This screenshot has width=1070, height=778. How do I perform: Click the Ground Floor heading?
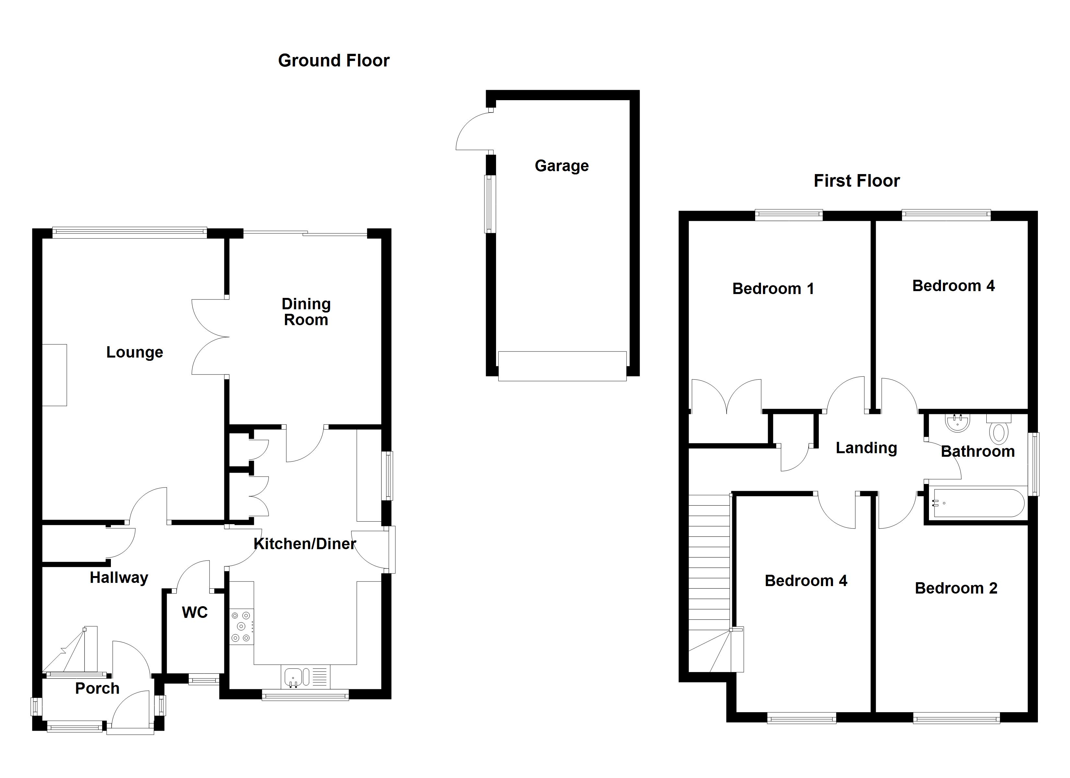click(334, 60)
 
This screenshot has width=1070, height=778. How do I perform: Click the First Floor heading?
click(856, 181)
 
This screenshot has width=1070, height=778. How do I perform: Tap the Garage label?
click(561, 166)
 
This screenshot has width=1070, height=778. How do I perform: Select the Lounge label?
click(135, 352)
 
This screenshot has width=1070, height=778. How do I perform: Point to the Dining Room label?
click(306, 312)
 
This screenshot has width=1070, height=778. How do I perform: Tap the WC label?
click(194, 612)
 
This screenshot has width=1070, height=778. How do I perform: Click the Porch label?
click(97, 688)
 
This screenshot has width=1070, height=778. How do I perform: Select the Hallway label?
click(119, 577)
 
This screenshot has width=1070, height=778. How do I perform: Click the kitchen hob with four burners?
click(241, 627)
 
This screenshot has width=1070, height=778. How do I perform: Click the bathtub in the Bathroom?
click(979, 503)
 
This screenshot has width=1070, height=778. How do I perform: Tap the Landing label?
click(866, 448)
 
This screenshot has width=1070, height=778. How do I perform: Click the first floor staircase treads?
click(709, 566)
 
